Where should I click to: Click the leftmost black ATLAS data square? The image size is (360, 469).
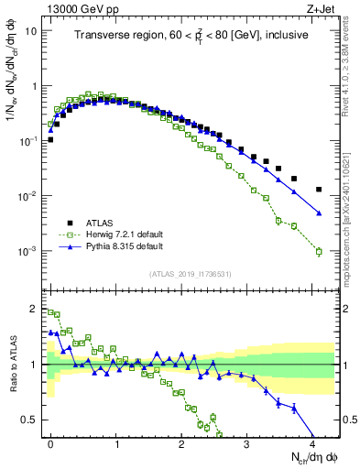(x=50, y=140)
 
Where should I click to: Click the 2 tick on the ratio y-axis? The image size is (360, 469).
(x=37, y=308)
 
